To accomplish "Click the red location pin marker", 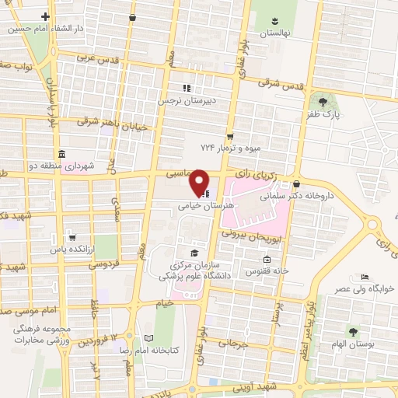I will (200, 182).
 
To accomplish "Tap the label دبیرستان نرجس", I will (187, 101).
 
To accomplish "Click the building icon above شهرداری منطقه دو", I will (61, 152).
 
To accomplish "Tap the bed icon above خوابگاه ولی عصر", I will (365, 277).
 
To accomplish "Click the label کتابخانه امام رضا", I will (174, 350).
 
